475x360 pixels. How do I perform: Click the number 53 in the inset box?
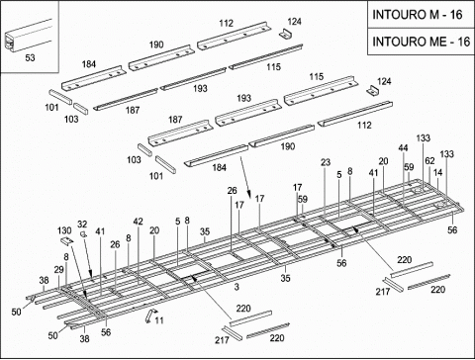[30, 57]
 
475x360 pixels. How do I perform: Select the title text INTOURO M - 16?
[418, 15]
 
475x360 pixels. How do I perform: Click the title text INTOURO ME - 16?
[422, 42]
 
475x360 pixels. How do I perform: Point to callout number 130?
[64, 230]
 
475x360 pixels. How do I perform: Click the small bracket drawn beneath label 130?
[67, 240]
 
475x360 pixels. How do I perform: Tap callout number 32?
[82, 225]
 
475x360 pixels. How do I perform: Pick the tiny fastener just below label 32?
[84, 234]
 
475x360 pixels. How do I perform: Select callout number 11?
[159, 320]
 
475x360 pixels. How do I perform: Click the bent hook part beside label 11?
[149, 315]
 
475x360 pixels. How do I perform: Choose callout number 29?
[59, 270]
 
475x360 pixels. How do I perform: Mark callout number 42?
[139, 222]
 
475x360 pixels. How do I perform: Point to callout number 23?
[326, 162]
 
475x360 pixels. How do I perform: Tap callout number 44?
[403, 148]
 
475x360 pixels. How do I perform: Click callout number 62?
[429, 161]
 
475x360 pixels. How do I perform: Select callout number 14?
[437, 172]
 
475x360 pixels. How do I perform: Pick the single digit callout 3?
[237, 287]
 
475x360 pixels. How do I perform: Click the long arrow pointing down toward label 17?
[245, 177]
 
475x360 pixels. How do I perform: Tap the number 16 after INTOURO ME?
[463, 42]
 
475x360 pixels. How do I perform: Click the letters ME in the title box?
[437, 42]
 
